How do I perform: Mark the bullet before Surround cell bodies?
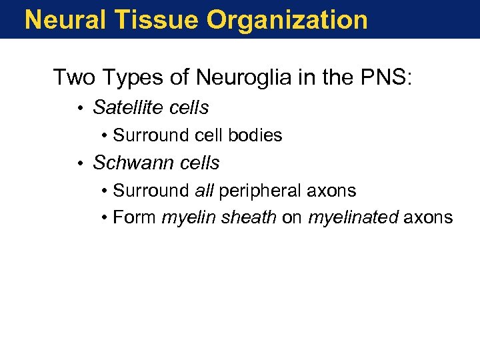click(105, 136)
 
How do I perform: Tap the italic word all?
click(204, 191)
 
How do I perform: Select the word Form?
click(135, 217)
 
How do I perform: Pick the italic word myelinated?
click(353, 217)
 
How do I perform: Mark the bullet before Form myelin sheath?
click(105, 218)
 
